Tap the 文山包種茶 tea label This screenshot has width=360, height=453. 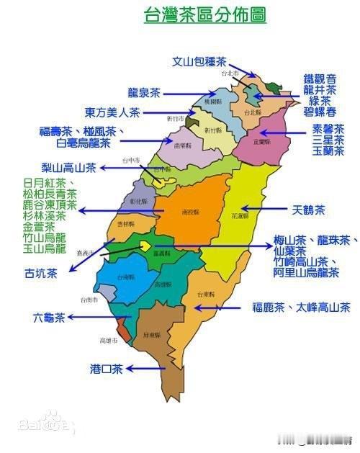coord(199,62)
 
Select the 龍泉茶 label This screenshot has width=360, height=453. coord(144,93)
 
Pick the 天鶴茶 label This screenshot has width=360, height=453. coord(309,211)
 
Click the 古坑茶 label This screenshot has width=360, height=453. coord(40,273)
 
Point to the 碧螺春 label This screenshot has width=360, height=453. coord(320,112)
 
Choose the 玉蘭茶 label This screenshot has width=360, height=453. coord(328,151)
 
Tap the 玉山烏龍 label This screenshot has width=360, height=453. coord(45,249)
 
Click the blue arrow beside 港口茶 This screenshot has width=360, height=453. coord(145,369)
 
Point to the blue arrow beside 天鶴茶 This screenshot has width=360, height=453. coord(274,211)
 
